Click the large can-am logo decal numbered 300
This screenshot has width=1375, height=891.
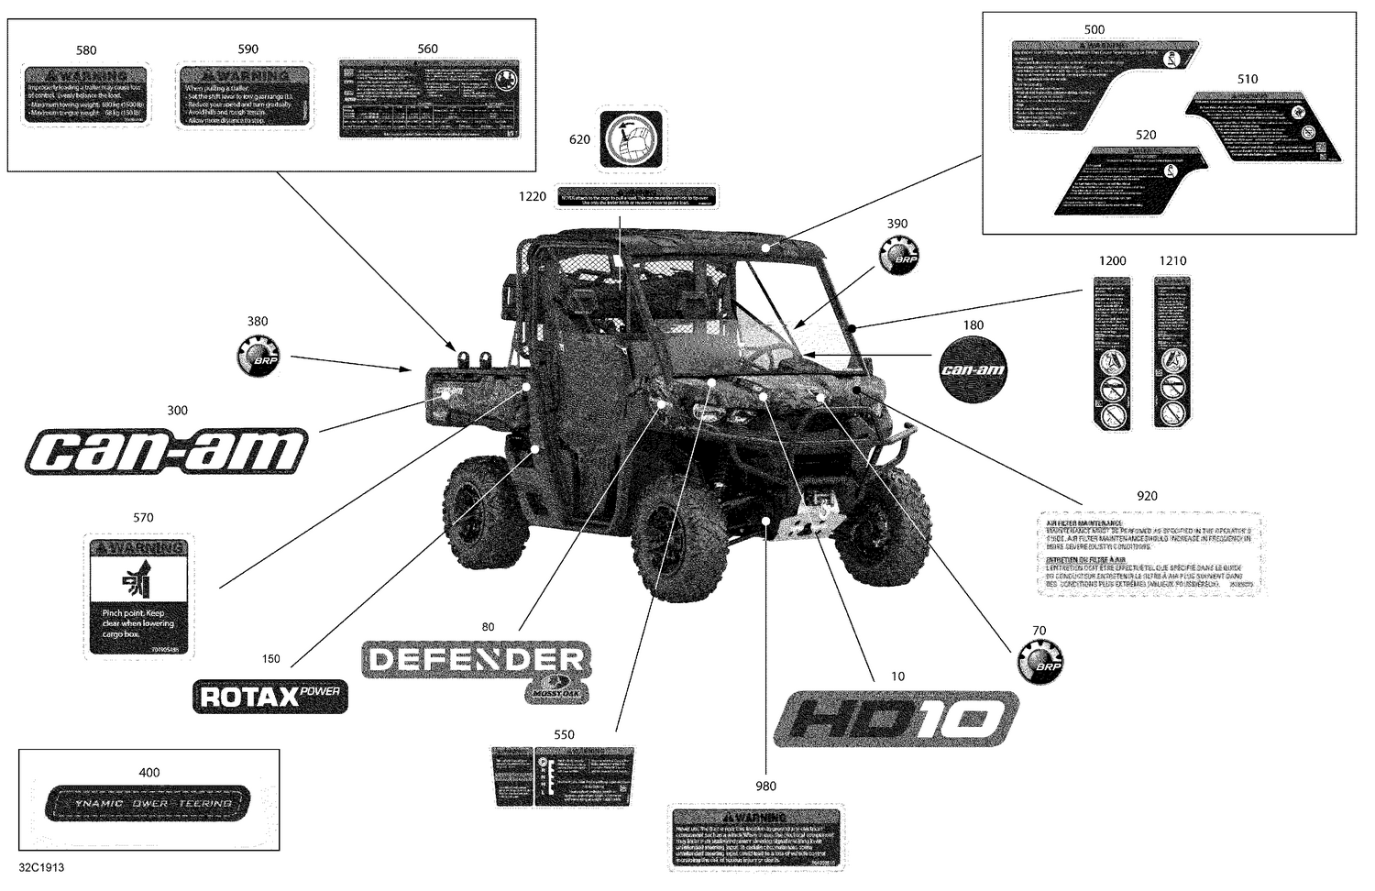click(x=166, y=452)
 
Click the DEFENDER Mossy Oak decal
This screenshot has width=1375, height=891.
click(x=477, y=666)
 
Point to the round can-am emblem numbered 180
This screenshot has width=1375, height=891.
click(x=973, y=368)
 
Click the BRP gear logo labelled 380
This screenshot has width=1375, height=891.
click(x=258, y=356)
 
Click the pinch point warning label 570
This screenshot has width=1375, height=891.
click(x=138, y=596)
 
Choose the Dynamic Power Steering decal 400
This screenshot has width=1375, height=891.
click(x=148, y=803)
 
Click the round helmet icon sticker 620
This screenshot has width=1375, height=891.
click(x=632, y=139)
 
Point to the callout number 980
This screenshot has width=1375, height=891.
click(x=765, y=786)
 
